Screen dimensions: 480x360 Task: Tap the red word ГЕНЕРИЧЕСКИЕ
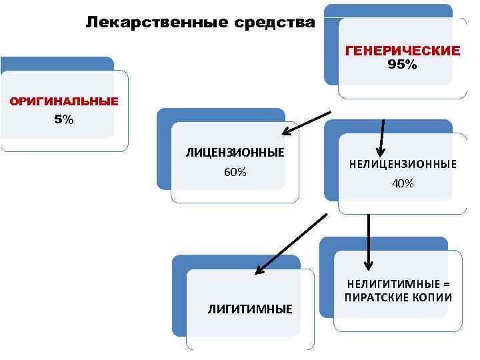[x=402, y=51]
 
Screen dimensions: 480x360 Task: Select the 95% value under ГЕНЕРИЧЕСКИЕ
[x=402, y=65]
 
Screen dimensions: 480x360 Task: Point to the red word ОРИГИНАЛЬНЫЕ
[x=63, y=102]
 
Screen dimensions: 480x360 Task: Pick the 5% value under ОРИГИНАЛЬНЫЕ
[x=63, y=120]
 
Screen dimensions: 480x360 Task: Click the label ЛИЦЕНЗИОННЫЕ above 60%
[x=235, y=153]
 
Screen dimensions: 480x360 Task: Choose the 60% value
[x=235, y=172]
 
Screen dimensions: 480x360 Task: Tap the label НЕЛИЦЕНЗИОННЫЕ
[x=403, y=164]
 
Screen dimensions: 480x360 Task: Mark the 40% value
[x=403, y=183]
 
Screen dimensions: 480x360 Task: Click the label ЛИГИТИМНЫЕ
[x=250, y=309]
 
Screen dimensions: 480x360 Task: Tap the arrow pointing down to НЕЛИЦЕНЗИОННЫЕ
[x=381, y=137]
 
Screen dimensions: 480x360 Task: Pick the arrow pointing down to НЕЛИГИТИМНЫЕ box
[x=367, y=240]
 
